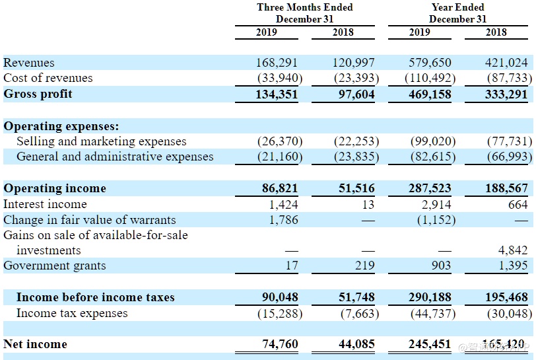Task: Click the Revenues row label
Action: pyautogui.click(x=29, y=63)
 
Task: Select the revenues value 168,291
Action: pyautogui.click(x=277, y=63)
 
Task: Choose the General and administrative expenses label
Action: pyautogui.click(x=115, y=157)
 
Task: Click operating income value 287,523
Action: pyautogui.click(x=430, y=188)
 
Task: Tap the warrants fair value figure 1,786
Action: pyautogui.click(x=284, y=220)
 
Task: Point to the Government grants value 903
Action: pyautogui.click(x=440, y=266)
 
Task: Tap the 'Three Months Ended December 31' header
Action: pyautogui.click(x=305, y=13)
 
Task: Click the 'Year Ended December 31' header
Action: pyautogui.click(x=457, y=13)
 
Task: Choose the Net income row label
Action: pyautogui.click(x=35, y=344)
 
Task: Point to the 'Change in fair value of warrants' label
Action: pyautogui.click(x=90, y=220)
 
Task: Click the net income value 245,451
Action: pyautogui.click(x=430, y=344)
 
